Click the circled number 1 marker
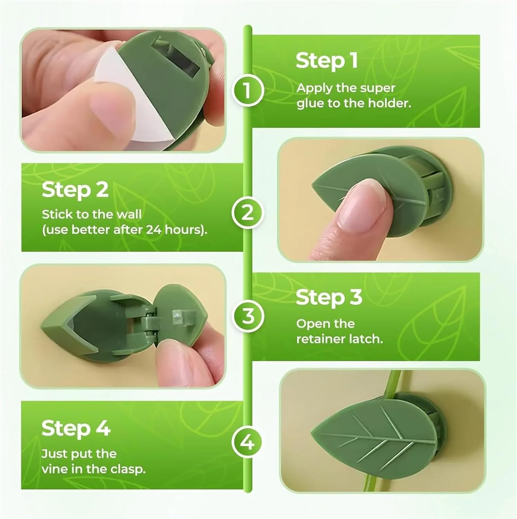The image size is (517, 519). (x=247, y=90)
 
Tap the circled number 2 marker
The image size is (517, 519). (x=247, y=212)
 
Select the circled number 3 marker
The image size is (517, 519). (x=247, y=316)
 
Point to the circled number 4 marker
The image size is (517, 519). (x=247, y=443)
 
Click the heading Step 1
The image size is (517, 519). (x=326, y=61)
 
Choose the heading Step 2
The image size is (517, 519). (x=75, y=190)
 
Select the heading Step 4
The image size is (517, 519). (x=76, y=429)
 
